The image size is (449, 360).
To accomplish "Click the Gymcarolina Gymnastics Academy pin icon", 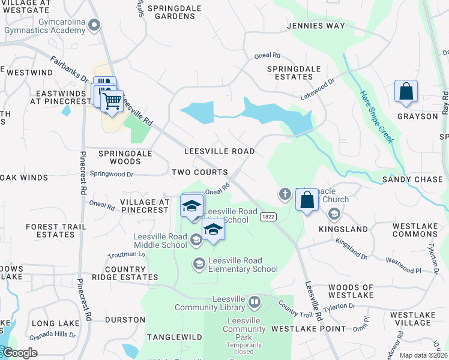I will click(x=93, y=25).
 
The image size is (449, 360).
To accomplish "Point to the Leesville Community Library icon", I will click(x=255, y=301).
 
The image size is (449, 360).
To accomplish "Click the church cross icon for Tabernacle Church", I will click(x=286, y=194).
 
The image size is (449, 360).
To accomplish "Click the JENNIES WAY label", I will click(x=316, y=26).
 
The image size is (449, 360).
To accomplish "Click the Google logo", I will click(x=20, y=353).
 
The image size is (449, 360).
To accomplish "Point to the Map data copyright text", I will click(x=423, y=355).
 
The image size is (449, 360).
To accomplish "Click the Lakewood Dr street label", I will click(x=318, y=91).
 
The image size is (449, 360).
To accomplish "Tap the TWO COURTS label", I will click(x=200, y=172).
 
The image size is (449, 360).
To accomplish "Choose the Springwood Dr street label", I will click(x=111, y=174).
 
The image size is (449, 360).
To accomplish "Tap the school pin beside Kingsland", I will click(x=334, y=214).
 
